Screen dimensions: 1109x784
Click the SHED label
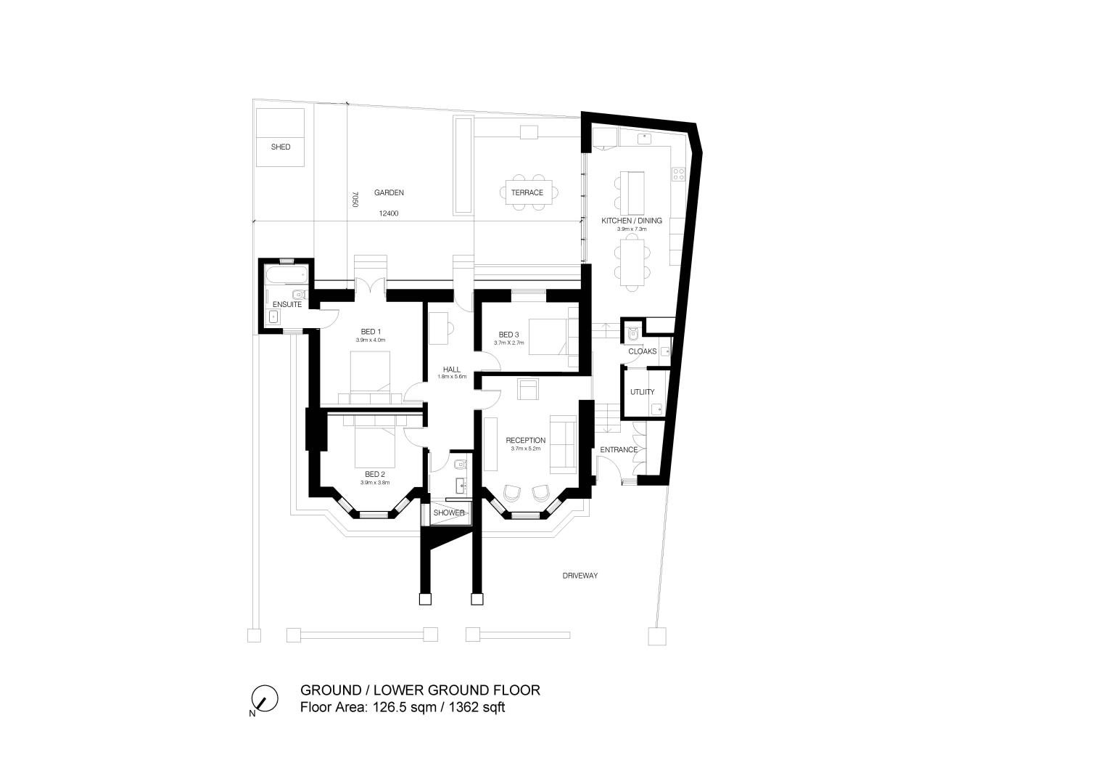[281, 147]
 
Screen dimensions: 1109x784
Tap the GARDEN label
[389, 193]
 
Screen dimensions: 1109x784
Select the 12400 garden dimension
[389, 213]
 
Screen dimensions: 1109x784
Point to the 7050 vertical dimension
[355, 200]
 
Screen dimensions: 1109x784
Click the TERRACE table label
[527, 192]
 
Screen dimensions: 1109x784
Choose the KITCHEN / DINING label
[631, 221]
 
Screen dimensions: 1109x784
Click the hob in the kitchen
[678, 174]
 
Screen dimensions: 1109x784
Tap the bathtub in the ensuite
[286, 274]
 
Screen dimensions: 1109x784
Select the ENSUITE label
[287, 304]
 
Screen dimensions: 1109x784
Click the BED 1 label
[371, 332]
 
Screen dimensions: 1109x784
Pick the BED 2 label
[375, 474]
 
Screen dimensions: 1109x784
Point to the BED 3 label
[509, 335]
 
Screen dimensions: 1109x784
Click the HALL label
[452, 369]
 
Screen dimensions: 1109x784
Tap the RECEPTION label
[525, 440]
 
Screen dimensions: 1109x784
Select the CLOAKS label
[642, 351]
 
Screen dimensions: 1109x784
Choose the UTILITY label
[642, 392]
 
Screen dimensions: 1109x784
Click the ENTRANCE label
[619, 449]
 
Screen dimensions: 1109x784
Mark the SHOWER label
[449, 513]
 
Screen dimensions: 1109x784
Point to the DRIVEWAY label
[580, 576]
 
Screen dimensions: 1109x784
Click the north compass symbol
[265, 699]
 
